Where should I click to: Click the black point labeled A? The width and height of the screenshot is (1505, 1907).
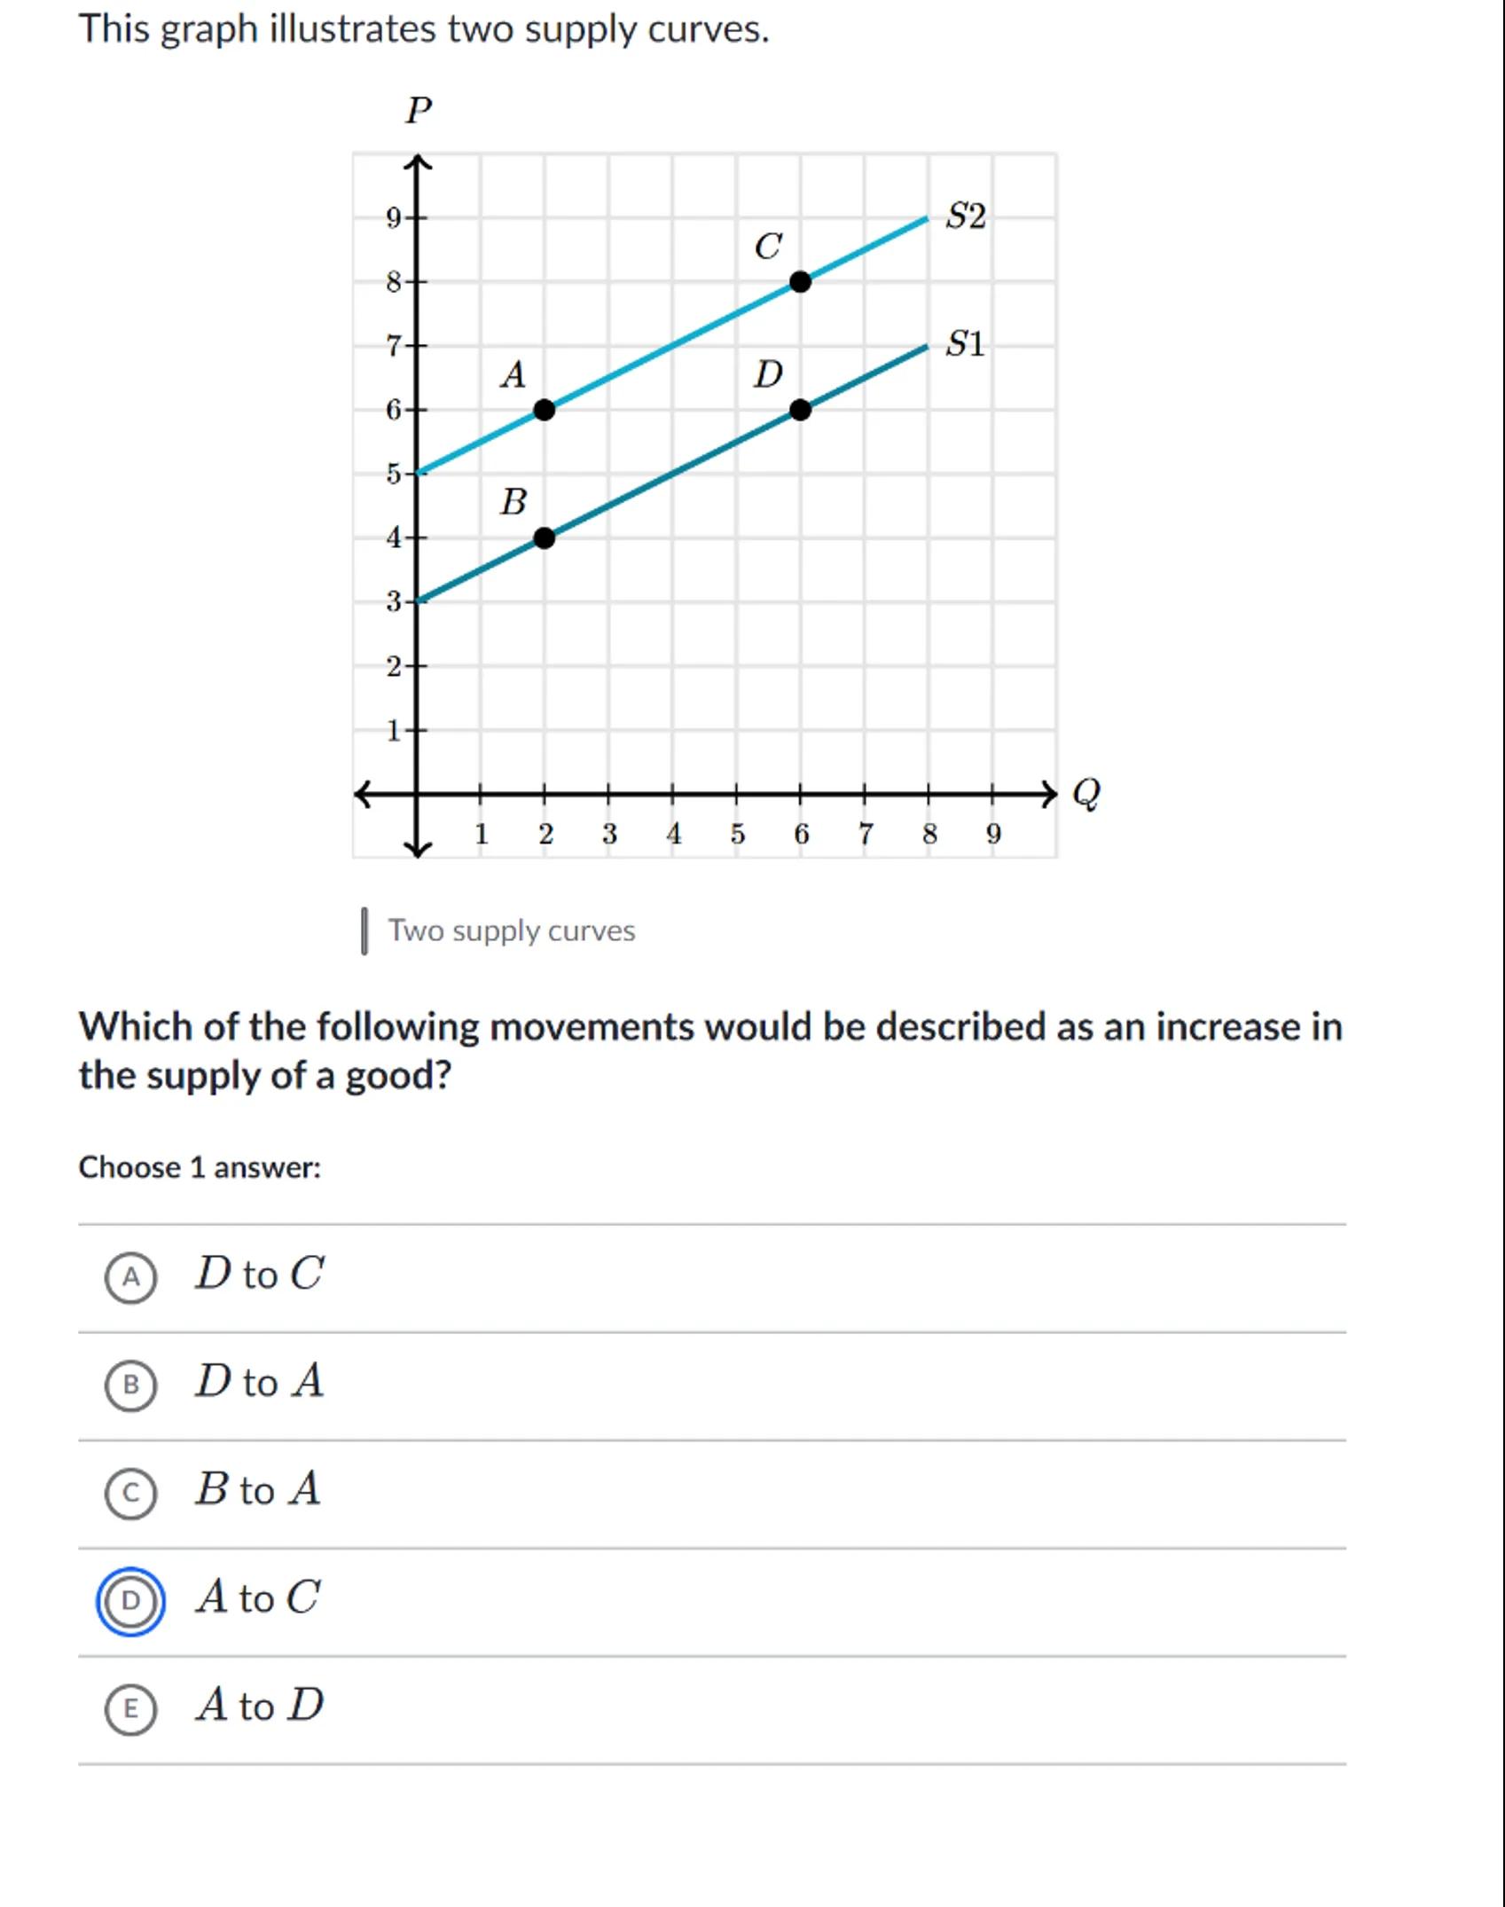tap(545, 410)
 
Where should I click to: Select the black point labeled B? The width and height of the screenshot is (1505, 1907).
tap(545, 538)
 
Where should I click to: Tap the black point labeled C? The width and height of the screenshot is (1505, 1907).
tap(800, 282)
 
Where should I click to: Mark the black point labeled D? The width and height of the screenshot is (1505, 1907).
tap(800, 410)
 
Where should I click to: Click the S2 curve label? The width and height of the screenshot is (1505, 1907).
tap(965, 216)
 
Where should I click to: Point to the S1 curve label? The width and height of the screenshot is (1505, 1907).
tap(965, 343)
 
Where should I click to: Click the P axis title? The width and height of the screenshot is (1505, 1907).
tap(419, 111)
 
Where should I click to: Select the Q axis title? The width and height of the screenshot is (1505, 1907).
tap(1086, 792)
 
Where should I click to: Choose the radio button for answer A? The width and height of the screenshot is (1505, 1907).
tap(130, 1277)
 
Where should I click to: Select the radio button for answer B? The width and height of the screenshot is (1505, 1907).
tap(130, 1385)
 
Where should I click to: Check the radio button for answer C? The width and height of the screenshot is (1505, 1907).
tap(130, 1493)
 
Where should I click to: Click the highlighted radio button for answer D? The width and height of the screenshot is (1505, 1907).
tap(130, 1601)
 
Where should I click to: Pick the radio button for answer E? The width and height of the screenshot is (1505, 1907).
tap(130, 1708)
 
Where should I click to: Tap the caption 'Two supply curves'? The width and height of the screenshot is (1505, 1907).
tap(512, 930)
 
